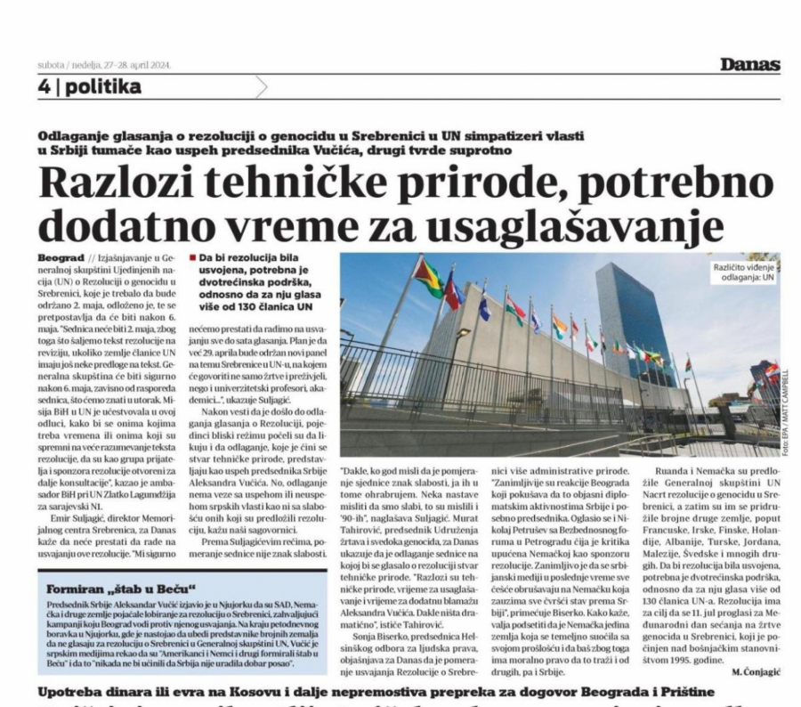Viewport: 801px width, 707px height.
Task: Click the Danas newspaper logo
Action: click(750, 65)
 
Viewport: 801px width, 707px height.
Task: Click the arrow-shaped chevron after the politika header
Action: click(259, 87)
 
